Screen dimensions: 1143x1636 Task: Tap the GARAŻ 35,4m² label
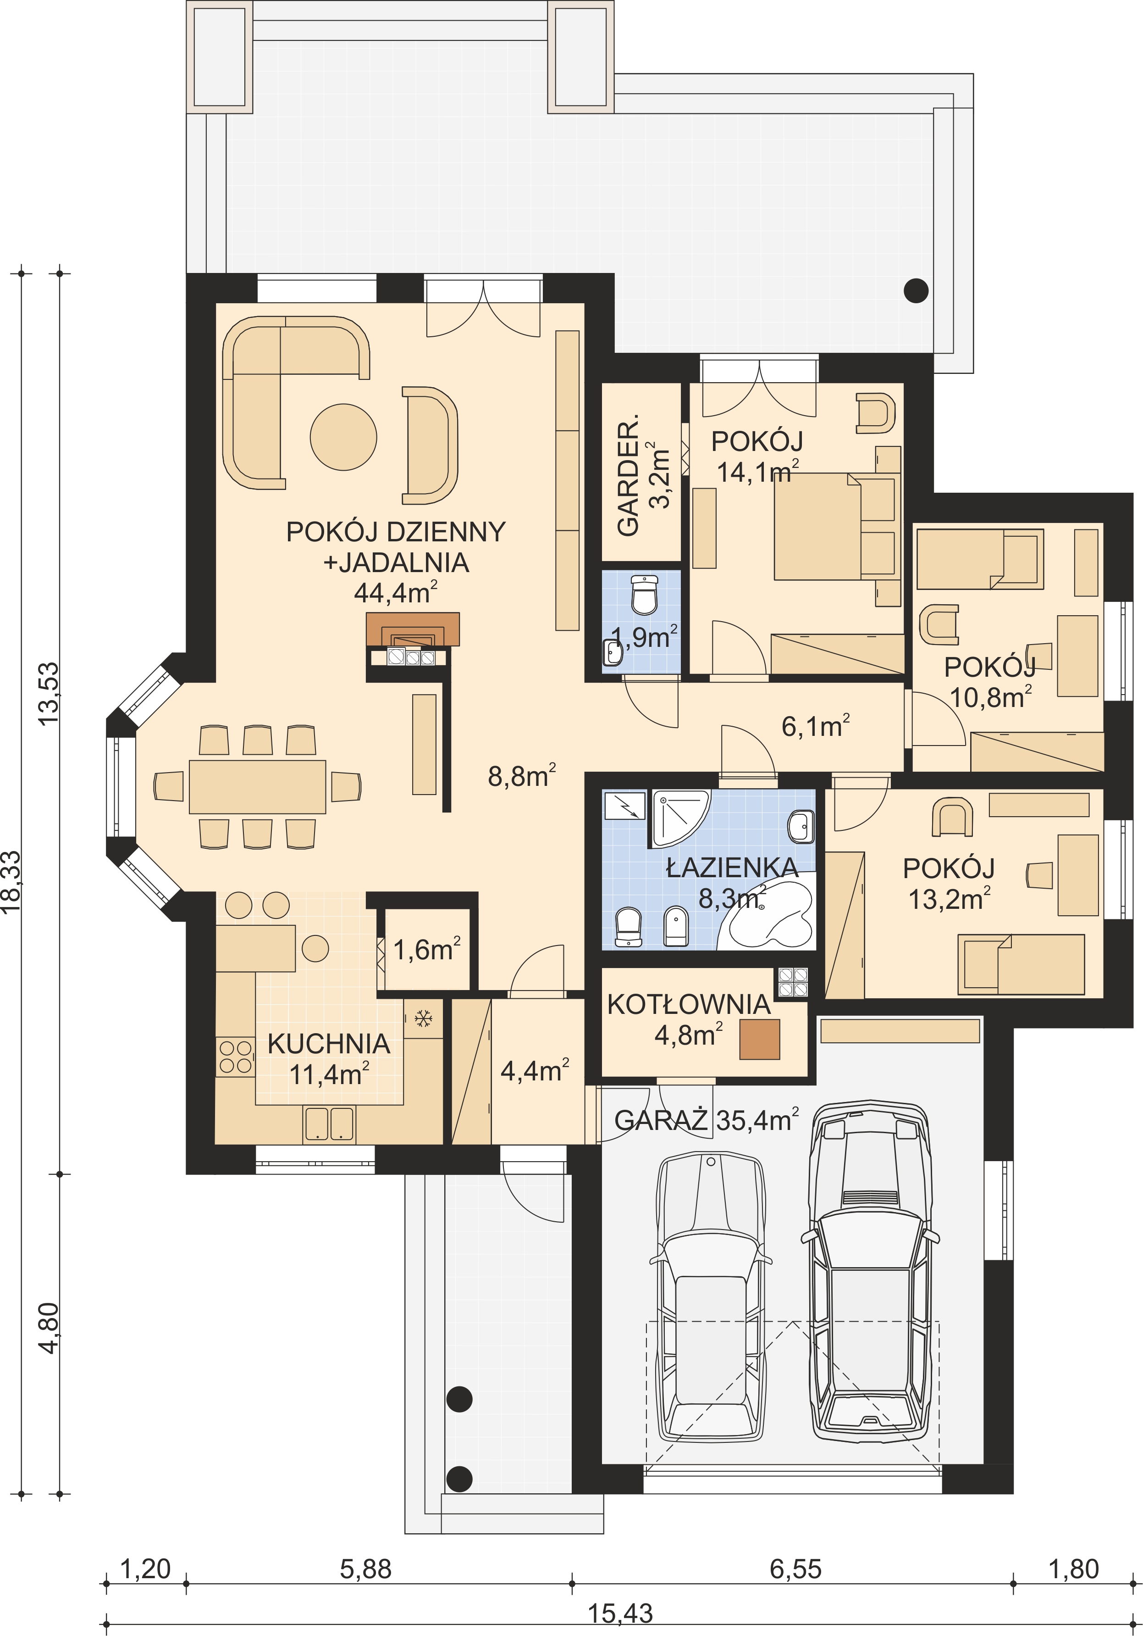tap(707, 1120)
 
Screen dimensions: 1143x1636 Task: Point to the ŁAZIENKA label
tap(732, 867)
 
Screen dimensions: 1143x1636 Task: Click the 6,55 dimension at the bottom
tap(795, 1569)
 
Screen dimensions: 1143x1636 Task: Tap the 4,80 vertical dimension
tap(49, 1327)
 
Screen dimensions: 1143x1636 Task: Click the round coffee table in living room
tap(343, 437)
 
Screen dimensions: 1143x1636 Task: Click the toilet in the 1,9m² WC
tap(645, 595)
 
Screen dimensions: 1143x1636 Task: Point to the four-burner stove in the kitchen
tap(236, 1057)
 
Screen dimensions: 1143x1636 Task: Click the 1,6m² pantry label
tap(426, 949)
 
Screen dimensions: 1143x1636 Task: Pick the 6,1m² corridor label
tap(815, 726)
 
